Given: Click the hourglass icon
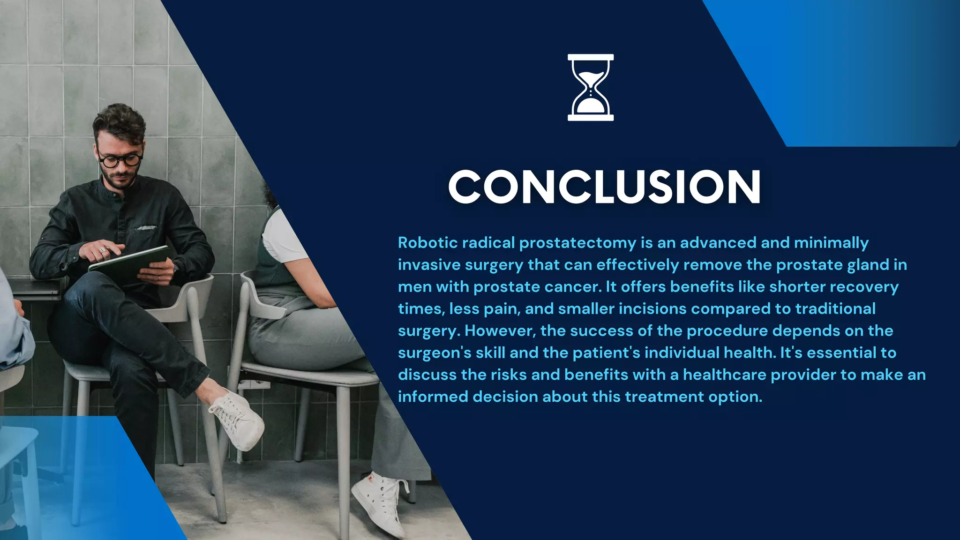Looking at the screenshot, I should click(x=590, y=88).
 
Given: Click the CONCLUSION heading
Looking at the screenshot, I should click(x=604, y=187).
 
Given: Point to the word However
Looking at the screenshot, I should click(x=500, y=331).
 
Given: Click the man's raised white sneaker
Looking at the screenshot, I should click(x=239, y=420).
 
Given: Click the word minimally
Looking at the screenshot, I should click(x=831, y=243).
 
